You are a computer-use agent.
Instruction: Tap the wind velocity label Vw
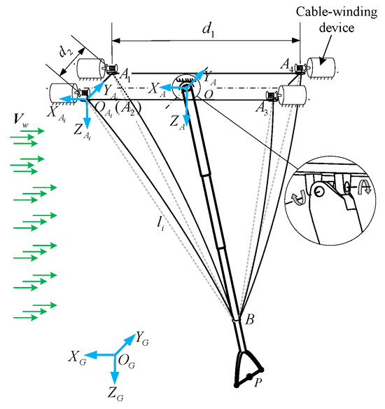coord(20,119)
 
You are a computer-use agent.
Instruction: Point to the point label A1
coord(127,74)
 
